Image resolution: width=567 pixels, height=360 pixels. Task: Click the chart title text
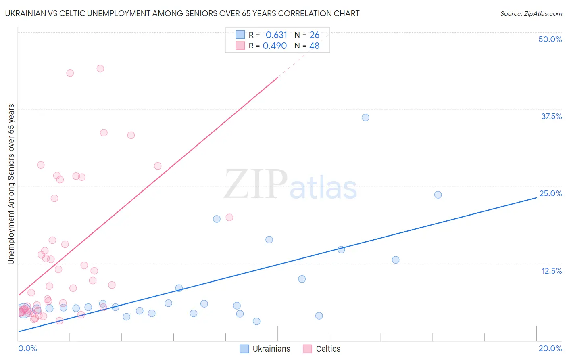click(182, 13)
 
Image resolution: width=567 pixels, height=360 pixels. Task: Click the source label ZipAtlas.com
click(531, 13)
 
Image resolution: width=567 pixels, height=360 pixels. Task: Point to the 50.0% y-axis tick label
click(550, 39)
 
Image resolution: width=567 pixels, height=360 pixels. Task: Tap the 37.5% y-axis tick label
click(551, 116)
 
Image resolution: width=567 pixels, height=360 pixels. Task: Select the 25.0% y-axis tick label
click(550, 193)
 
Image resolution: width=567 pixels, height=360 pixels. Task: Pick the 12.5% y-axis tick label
click(551, 271)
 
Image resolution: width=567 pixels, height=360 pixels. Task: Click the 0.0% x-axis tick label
click(27, 348)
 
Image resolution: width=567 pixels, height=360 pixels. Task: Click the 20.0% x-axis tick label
click(550, 348)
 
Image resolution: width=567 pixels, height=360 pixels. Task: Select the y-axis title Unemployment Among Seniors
click(11, 184)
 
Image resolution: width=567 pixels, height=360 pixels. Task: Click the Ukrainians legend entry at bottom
click(265, 349)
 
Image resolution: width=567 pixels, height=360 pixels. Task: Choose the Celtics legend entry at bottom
click(322, 349)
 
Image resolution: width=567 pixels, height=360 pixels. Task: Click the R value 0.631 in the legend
click(276, 35)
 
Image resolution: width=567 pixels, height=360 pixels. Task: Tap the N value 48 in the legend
click(314, 46)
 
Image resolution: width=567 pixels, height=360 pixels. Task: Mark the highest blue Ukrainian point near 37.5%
click(365, 117)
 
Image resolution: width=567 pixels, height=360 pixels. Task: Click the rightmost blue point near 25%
click(438, 195)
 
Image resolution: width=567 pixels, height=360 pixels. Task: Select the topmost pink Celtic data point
click(100, 69)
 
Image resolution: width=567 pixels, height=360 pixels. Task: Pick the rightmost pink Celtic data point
click(229, 218)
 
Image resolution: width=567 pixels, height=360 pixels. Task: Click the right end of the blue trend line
click(536, 198)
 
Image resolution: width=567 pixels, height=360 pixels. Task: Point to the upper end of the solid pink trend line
click(278, 77)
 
